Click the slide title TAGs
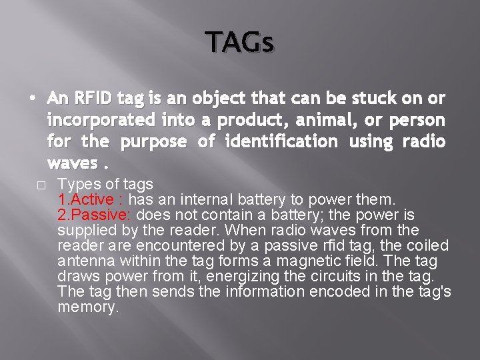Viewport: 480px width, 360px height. pos(239,43)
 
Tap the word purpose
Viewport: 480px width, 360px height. pos(152,141)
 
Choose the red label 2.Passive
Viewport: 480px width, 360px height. pos(92,215)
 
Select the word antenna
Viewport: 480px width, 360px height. pos(85,261)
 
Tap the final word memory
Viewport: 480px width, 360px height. pos(88,307)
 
